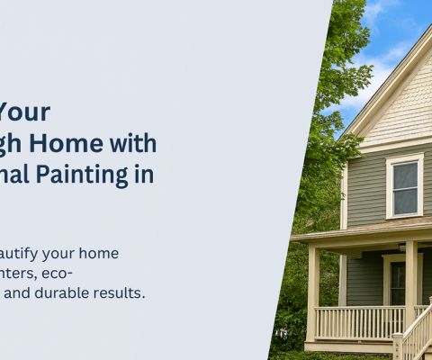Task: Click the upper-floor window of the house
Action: (x=405, y=186)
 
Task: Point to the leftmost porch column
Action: (x=313, y=292)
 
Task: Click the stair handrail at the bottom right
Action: (x=417, y=328)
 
